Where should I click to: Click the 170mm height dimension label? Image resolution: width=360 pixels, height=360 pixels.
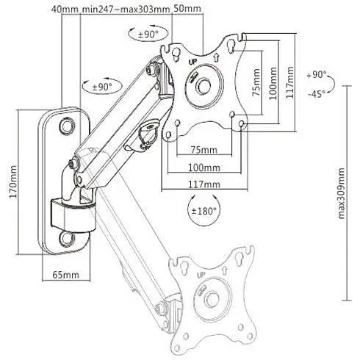click(13, 181)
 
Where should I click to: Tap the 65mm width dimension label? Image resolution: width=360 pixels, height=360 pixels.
click(66, 275)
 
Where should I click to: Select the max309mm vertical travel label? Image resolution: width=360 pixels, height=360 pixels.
click(341, 193)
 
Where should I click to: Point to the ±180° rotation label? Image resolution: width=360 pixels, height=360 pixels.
click(204, 211)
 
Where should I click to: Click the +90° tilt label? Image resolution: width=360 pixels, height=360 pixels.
click(317, 74)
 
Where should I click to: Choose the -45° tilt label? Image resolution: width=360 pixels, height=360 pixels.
click(317, 93)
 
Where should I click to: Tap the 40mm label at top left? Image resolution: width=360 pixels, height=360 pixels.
click(65, 10)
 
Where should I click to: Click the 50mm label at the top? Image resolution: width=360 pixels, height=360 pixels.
click(187, 9)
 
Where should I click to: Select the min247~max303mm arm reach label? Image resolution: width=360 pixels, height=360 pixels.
click(126, 10)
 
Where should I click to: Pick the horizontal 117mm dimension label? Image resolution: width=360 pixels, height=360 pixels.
click(204, 184)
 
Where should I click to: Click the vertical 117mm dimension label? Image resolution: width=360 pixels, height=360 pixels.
click(290, 82)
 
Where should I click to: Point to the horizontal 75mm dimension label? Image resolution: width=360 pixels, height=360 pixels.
click(204, 149)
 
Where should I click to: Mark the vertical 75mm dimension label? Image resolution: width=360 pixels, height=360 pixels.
click(256, 82)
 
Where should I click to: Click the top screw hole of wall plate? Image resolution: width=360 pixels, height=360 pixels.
click(67, 126)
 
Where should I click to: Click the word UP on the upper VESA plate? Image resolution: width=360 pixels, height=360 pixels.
click(192, 62)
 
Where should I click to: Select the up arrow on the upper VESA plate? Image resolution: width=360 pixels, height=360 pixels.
click(216, 58)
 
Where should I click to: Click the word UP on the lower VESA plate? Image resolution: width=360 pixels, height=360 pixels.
click(201, 275)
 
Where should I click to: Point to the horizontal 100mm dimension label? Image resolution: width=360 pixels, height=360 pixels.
click(204, 168)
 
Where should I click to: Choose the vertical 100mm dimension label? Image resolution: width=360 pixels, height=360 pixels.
click(273, 83)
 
